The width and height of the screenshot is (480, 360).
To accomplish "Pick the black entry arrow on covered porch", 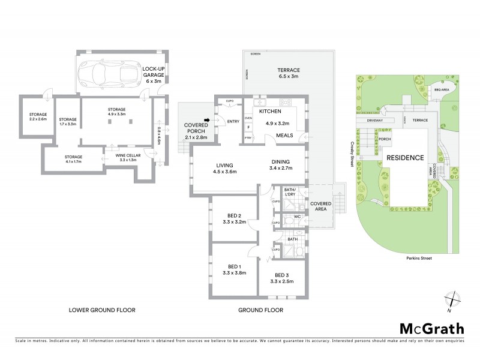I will click(x=207, y=120).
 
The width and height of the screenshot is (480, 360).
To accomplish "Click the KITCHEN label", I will click(x=270, y=112).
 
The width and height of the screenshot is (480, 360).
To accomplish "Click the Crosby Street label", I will click(x=349, y=151).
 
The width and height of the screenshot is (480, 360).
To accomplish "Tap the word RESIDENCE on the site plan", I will click(x=405, y=158).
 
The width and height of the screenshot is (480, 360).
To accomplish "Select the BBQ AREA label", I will click(x=442, y=90).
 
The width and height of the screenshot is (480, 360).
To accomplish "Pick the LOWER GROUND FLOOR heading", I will click(x=102, y=310).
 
